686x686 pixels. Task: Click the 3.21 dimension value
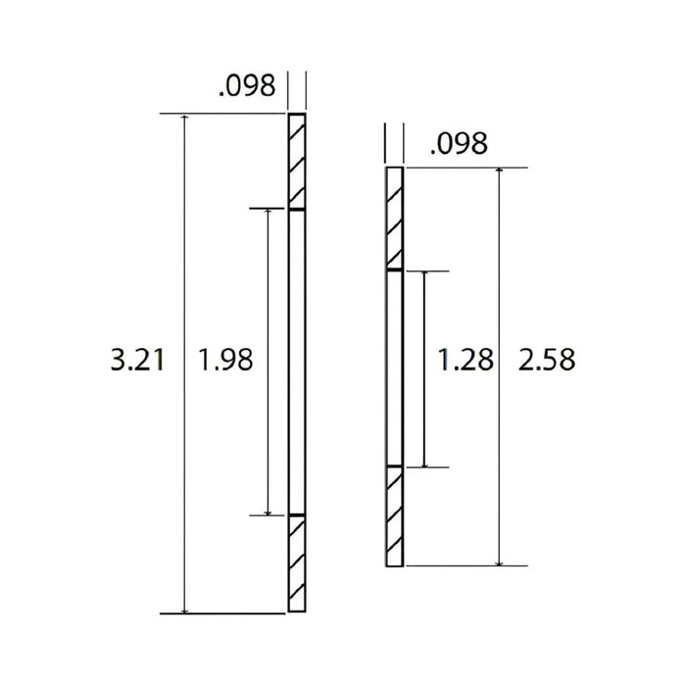135,361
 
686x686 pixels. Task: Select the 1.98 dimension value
225,361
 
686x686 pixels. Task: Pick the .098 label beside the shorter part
459,145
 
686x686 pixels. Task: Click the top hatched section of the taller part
296,161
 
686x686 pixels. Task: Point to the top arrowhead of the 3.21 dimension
184,120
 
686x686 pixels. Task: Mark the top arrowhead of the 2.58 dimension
501,173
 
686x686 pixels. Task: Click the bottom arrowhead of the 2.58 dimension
501,561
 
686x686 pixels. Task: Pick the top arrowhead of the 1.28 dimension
424,275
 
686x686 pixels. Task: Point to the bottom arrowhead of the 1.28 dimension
424,462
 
